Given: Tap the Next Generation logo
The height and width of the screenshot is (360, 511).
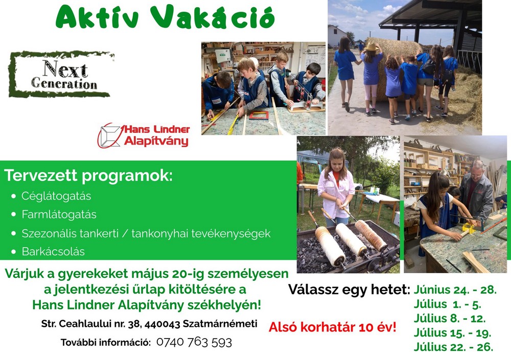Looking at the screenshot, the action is pyautogui.click(x=61, y=74).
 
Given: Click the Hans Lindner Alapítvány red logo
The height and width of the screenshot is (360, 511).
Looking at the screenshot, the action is pyautogui.click(x=144, y=135).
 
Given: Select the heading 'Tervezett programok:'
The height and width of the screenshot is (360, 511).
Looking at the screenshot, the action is pyautogui.click(x=88, y=175).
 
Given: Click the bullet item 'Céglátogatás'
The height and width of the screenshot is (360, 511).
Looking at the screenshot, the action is pyautogui.click(x=56, y=196).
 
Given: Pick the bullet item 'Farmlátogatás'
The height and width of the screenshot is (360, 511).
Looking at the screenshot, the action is pyautogui.click(x=59, y=214).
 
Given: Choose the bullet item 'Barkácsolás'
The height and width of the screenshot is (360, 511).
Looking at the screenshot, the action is pyautogui.click(x=53, y=252).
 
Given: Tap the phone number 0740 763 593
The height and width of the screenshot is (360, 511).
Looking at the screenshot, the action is pyautogui.click(x=194, y=343).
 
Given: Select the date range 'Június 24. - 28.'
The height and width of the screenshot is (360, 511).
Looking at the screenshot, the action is pyautogui.click(x=455, y=290).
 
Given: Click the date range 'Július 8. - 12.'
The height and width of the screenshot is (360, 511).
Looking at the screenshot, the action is pyautogui.click(x=450, y=318).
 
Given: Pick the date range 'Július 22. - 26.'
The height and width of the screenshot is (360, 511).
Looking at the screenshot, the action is pyautogui.click(x=453, y=347).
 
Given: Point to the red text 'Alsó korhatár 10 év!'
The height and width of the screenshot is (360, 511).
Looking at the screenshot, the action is pyautogui.click(x=333, y=327).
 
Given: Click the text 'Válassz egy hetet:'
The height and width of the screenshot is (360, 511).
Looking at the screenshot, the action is pyautogui.click(x=349, y=290).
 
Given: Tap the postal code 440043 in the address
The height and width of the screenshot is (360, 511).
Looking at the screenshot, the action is pyautogui.click(x=162, y=324).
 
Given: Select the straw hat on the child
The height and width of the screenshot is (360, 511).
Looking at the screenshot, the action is pyautogui.click(x=371, y=47).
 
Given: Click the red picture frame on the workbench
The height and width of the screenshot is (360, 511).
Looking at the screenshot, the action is pyautogui.click(x=259, y=115).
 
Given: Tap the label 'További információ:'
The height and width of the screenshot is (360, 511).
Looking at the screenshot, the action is pyautogui.click(x=106, y=343).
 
